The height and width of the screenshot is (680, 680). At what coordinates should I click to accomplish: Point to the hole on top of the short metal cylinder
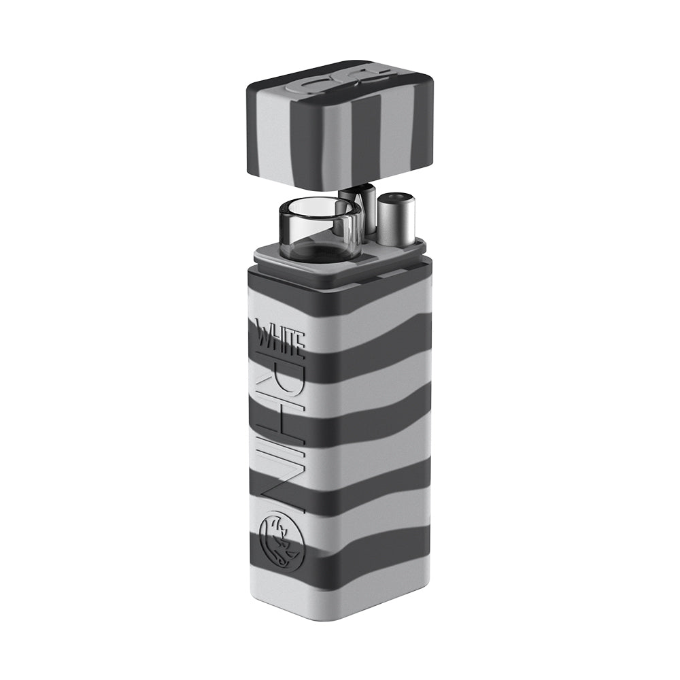pyautogui.click(x=395, y=199)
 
